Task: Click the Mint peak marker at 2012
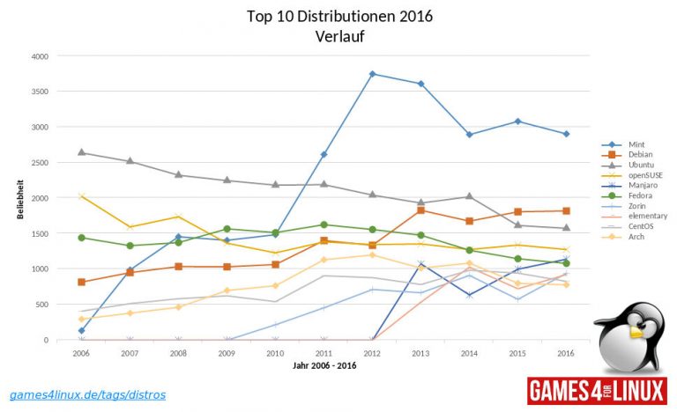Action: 373,74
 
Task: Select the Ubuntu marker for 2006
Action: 81,152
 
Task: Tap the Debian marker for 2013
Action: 421,210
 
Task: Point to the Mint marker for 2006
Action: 81,331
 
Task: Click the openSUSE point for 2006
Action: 81,196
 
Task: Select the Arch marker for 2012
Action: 373,255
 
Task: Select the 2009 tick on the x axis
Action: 227,351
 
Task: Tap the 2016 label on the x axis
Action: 567,351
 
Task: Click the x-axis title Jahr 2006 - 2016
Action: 324,364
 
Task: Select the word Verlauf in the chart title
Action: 339,36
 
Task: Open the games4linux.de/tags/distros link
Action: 86,394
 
